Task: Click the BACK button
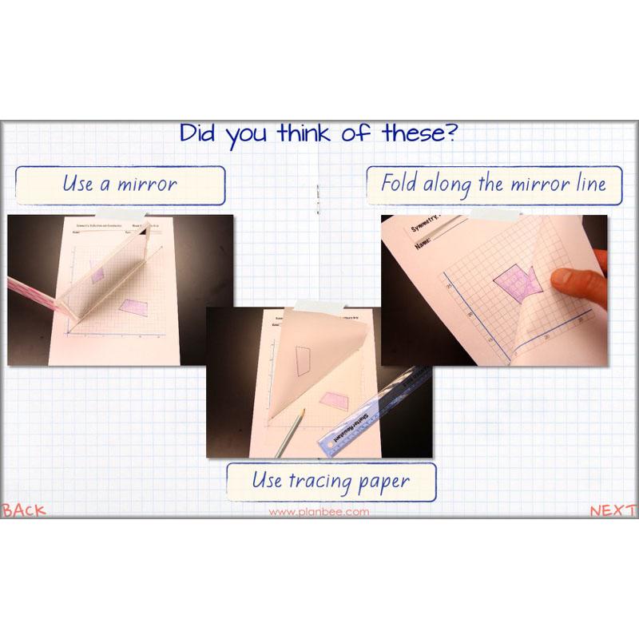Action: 24,510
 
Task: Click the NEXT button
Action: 613,510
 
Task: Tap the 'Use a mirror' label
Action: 120,184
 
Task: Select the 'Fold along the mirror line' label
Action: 493,184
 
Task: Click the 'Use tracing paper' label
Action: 331,481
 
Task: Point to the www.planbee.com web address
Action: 319,512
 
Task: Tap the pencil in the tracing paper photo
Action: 291,432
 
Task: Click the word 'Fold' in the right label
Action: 399,184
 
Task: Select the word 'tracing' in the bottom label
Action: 329,481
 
